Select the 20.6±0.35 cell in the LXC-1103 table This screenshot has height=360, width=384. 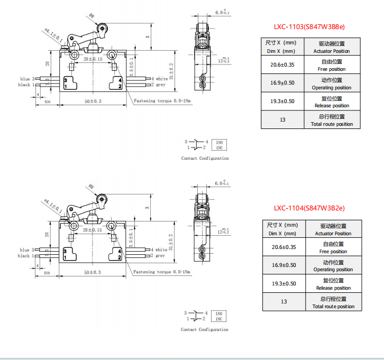click(282, 64)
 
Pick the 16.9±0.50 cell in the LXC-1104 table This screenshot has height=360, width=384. click(284, 265)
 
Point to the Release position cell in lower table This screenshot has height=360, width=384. click(333, 284)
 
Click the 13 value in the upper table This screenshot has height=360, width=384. click(282, 120)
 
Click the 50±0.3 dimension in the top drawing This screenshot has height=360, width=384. click(93, 100)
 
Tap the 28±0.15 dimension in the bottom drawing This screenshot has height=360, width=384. click(93, 230)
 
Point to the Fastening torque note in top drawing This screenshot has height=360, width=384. click(162, 100)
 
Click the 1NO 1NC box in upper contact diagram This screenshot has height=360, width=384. click(220, 145)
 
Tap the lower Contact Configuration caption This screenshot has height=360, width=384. click(205, 329)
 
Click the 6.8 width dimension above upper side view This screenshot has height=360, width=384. click(222, 12)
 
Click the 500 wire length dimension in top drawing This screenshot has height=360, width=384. click(48, 101)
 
